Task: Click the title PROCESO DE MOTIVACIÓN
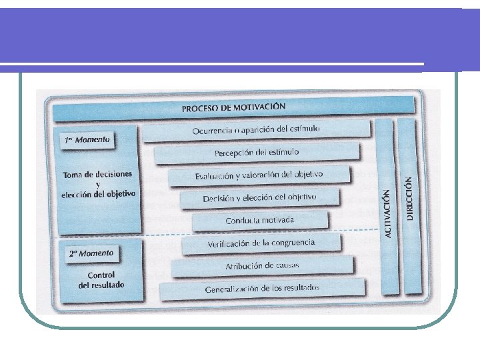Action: (233, 107)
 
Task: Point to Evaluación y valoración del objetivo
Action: (259, 175)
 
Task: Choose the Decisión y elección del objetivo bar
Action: (260, 198)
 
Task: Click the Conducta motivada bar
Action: (260, 220)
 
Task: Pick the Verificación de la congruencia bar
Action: (261, 243)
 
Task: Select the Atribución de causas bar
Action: (262, 266)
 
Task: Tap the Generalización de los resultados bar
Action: (262, 289)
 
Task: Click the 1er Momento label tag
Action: (87, 140)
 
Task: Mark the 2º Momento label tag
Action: (91, 253)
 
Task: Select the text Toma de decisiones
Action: (97, 175)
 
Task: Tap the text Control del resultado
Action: (101, 280)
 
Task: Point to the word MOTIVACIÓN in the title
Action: (260, 106)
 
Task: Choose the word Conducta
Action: (241, 221)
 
